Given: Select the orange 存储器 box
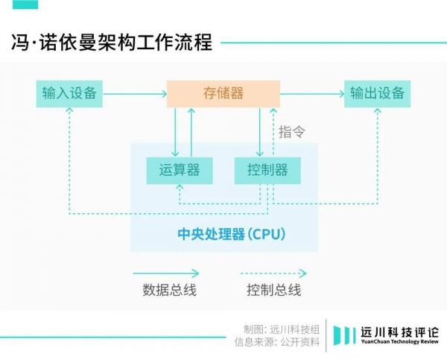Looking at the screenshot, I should tap(223, 93).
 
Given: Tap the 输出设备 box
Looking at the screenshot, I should tap(378, 93).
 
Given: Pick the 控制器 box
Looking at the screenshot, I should tap(267, 170).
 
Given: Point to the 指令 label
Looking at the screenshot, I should tap(292, 132).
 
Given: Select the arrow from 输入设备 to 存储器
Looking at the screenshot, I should tap(134, 94).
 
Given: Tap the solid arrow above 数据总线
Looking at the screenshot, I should tap(166, 273).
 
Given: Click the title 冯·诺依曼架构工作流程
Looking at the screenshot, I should tap(112, 41).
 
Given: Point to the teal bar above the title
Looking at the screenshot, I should tap(28, 5).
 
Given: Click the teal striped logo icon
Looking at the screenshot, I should tap(345, 336).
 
